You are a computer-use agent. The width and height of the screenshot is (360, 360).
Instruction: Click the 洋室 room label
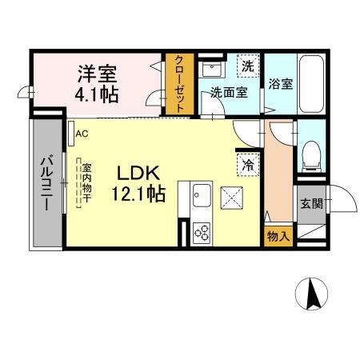coord(98,74)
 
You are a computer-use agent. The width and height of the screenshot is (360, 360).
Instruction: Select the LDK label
coord(141,173)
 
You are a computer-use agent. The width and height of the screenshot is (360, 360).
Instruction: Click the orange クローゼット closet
coord(178,85)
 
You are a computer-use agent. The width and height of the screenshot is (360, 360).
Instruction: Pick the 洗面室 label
coord(229,92)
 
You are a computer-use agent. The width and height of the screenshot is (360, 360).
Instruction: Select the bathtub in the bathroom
coord(310,84)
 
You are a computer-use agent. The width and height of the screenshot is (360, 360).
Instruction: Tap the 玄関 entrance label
coord(311,202)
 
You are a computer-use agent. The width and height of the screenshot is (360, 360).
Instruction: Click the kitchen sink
coord(201,195)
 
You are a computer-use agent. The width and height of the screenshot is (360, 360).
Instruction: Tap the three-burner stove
coord(202,232)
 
